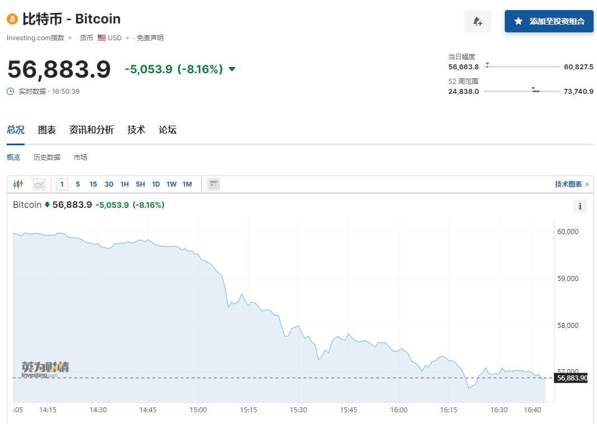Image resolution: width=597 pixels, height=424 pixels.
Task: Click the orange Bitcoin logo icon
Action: [12, 19]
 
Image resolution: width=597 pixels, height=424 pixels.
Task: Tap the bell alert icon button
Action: [477, 21]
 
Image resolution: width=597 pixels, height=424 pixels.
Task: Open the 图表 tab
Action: [47, 130]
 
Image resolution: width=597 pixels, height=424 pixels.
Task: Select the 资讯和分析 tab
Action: [91, 130]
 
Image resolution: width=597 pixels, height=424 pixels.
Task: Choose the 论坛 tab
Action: [167, 130]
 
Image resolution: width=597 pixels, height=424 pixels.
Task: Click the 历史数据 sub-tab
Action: [47, 158]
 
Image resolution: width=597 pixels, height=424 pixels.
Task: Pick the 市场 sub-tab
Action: [80, 158]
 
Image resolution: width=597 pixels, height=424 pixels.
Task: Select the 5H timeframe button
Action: [140, 184]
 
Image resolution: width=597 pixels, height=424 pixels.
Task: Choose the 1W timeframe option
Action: [172, 184]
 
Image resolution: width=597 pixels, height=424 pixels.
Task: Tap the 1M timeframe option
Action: [187, 184]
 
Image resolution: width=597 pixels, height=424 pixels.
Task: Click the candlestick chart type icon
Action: [18, 184]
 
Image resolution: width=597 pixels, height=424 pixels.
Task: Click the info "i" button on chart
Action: [580, 206]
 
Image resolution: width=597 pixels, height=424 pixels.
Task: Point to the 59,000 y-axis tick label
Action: [568, 278]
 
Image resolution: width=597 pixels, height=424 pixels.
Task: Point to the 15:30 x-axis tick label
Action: [298, 409]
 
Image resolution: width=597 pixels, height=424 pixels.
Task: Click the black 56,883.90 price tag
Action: [572, 378]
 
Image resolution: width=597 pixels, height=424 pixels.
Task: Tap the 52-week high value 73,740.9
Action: [579, 92]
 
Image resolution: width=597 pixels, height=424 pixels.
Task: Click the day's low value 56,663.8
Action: [463, 67]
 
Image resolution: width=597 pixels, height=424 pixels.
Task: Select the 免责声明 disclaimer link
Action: [150, 38]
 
